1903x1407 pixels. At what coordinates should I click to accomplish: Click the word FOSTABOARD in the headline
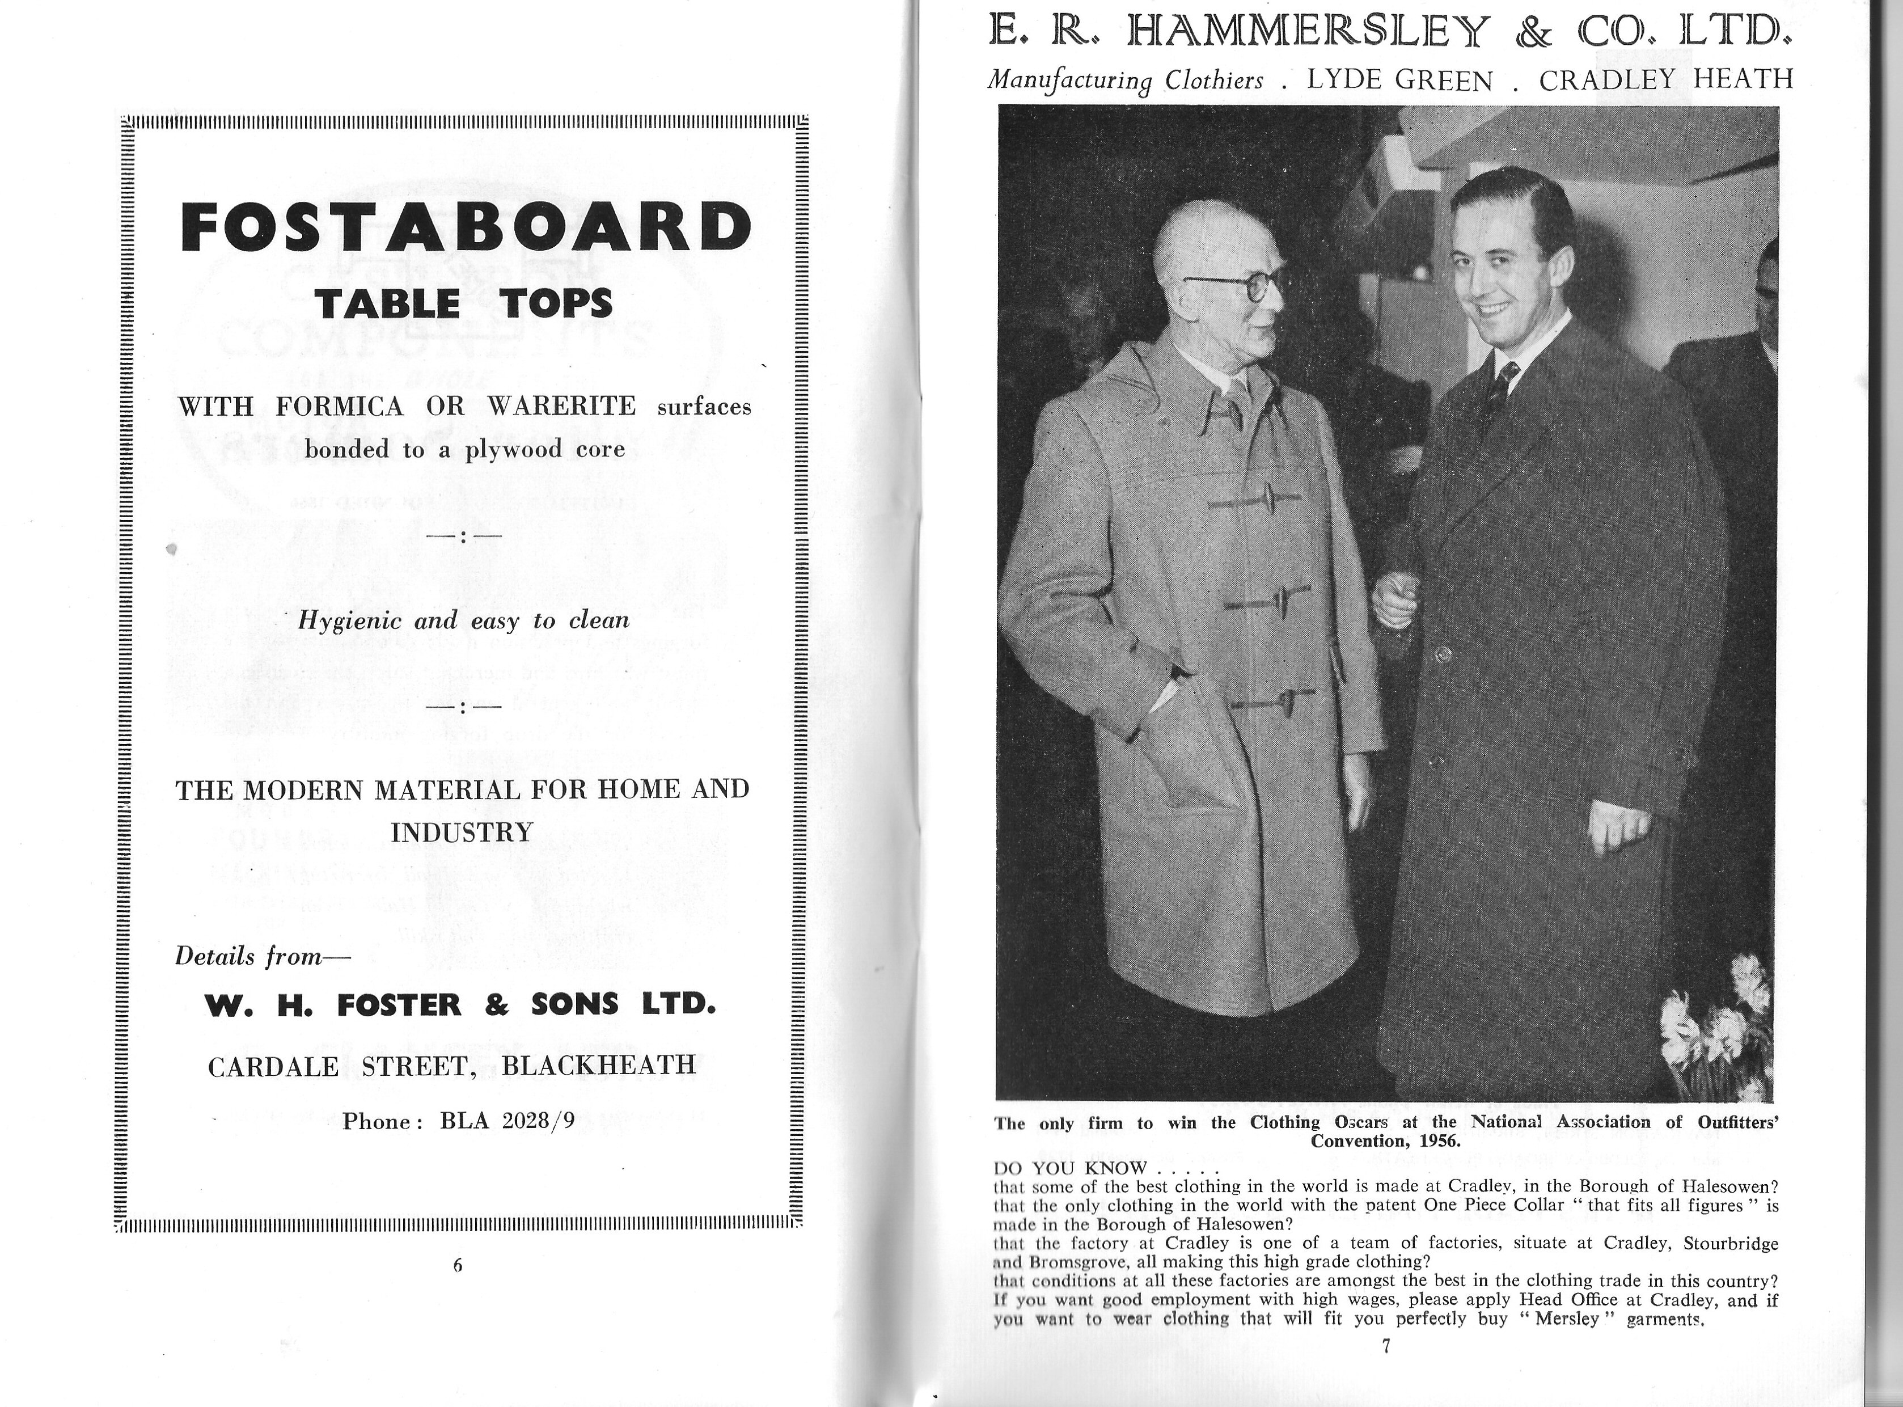point(467,227)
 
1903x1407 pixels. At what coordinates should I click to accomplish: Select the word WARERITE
point(561,406)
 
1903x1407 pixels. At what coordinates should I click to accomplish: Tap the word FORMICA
point(340,406)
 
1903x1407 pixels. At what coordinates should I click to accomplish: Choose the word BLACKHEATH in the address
point(599,1066)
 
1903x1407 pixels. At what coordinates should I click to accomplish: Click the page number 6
point(457,1265)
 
